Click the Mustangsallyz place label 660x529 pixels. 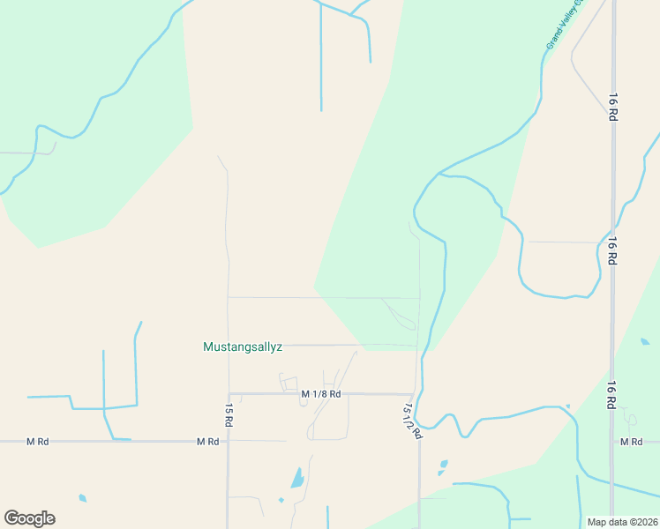pyautogui.click(x=243, y=347)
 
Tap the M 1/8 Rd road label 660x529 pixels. pyautogui.click(x=320, y=394)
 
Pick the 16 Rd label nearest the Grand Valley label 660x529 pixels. pyautogui.click(x=611, y=107)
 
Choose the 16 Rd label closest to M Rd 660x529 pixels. pyautogui.click(x=611, y=395)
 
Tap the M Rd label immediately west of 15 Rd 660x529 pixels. pyautogui.click(x=207, y=441)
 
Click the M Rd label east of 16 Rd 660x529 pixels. pyautogui.click(x=630, y=441)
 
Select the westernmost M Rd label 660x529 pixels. pyautogui.click(x=36, y=441)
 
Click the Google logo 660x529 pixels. pyautogui.click(x=29, y=518)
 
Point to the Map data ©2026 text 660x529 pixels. pyautogui.click(x=622, y=522)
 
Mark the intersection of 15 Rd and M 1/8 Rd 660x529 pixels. pyautogui.click(x=229, y=393)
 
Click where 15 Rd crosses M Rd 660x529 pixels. pyautogui.click(x=229, y=441)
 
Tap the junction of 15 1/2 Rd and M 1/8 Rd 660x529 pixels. pyautogui.click(x=414, y=394)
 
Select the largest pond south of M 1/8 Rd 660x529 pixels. pyautogui.click(x=297, y=480)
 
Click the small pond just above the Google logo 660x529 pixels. pyautogui.click(x=82, y=498)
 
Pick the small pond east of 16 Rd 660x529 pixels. pyautogui.click(x=645, y=342)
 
